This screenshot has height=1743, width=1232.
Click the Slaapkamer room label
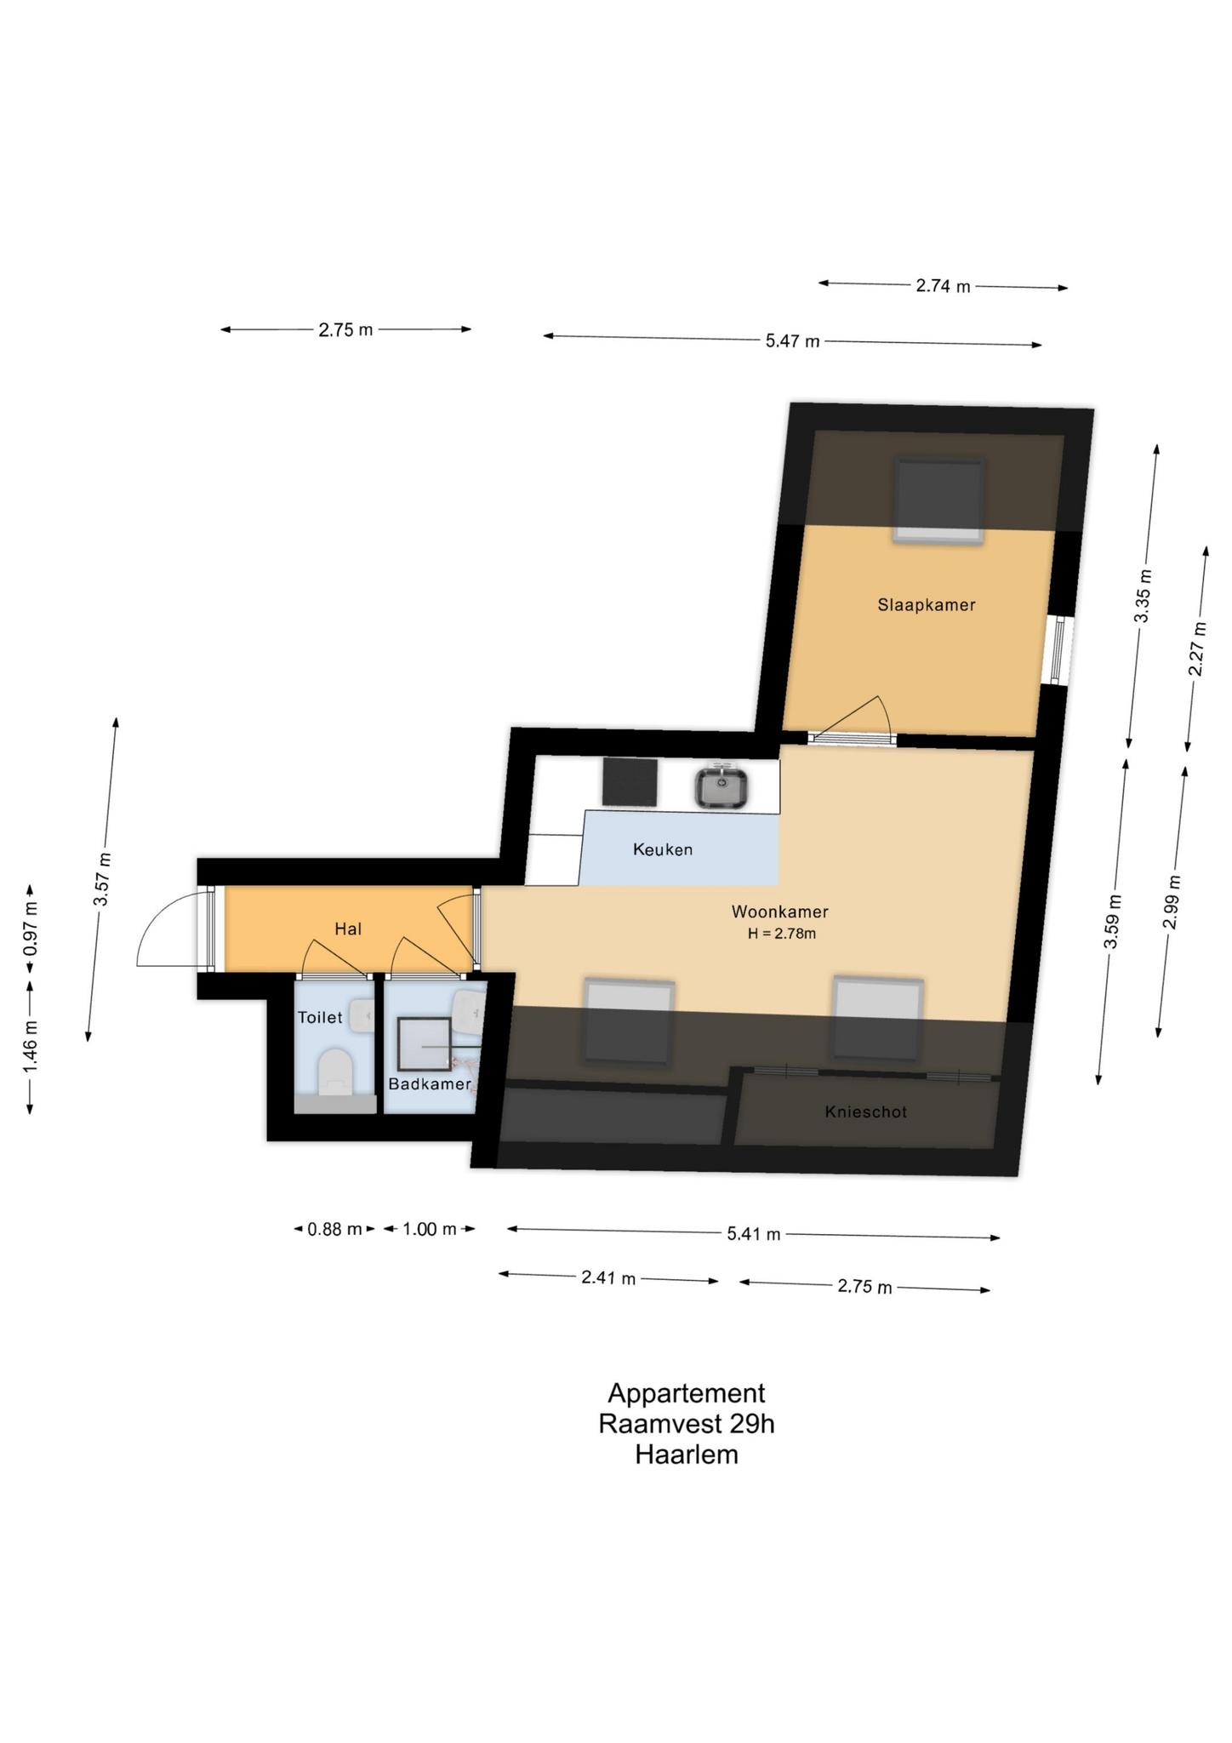point(927,605)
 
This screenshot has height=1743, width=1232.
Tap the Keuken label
point(663,849)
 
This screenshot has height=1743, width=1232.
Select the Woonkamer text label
point(780,912)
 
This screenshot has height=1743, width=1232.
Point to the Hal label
point(348,929)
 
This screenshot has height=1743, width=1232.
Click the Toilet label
point(320,1017)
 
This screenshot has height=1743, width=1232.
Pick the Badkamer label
point(430,1083)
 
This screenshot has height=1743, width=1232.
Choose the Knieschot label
point(866,1112)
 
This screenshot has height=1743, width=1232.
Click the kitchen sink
point(722,786)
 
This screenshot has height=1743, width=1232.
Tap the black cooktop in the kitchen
point(630,781)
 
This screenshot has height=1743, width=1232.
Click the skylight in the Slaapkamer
point(939,500)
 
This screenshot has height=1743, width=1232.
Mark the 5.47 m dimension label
point(793,341)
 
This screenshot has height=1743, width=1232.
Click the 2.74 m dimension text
point(943,286)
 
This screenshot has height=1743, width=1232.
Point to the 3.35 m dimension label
point(1142,595)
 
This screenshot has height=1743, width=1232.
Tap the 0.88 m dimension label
point(335,1229)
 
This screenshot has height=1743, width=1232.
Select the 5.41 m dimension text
point(753,1233)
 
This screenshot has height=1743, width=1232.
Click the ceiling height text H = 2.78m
point(782,934)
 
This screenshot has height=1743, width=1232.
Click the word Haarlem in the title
point(687,1454)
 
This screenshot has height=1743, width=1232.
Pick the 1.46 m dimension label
point(30,1047)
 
